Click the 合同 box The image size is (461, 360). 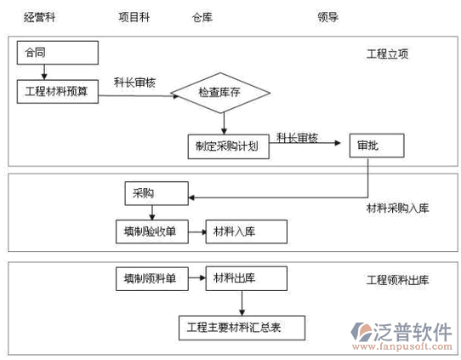click(x=58, y=53)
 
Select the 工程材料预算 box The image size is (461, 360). click(x=58, y=91)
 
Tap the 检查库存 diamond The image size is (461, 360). click(x=220, y=93)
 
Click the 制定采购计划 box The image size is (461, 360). click(x=229, y=146)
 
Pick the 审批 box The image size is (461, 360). click(x=377, y=146)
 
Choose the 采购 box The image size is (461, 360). click(x=157, y=193)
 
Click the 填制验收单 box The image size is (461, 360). click(x=152, y=231)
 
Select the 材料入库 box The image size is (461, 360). click(x=247, y=231)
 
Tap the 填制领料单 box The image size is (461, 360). click(x=152, y=278)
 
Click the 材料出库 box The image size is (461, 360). click(x=247, y=278)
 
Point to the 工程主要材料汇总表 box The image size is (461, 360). click(x=242, y=328)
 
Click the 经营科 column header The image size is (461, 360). click(x=39, y=17)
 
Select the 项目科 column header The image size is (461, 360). click(x=134, y=17)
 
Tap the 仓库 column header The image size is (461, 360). click(x=202, y=17)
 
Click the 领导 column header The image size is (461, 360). click(x=328, y=17)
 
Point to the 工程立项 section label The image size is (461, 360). click(x=388, y=54)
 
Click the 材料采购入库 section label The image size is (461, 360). click(x=398, y=209)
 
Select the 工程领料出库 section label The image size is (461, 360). click(x=398, y=280)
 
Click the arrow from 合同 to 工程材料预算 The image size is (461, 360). click(x=44, y=72)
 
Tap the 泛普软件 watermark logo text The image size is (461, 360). click(x=413, y=333)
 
